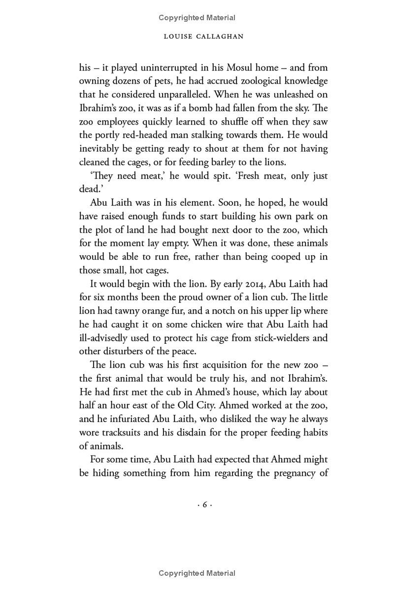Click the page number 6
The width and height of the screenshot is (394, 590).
[204, 505]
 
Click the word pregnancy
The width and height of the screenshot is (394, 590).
[292, 473]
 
